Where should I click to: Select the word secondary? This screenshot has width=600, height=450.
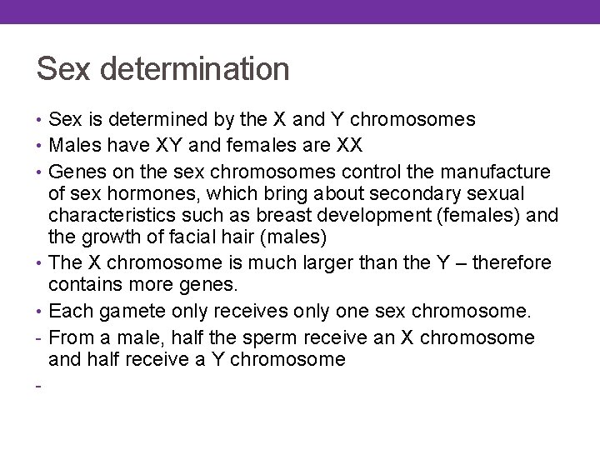pos(403,193)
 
